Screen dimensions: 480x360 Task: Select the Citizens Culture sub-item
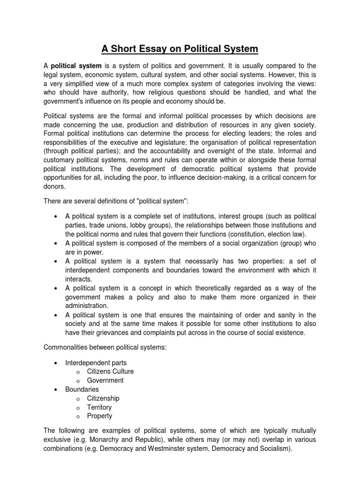tap(110, 371)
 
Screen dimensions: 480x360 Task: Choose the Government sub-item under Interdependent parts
tap(105, 380)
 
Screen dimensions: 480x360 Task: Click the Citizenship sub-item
tap(103, 398)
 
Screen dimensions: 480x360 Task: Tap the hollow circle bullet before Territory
tap(78, 408)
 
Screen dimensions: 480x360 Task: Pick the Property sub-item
tap(99, 416)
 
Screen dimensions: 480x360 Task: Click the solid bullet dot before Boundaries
tap(56, 390)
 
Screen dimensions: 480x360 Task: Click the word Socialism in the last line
tap(274, 448)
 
